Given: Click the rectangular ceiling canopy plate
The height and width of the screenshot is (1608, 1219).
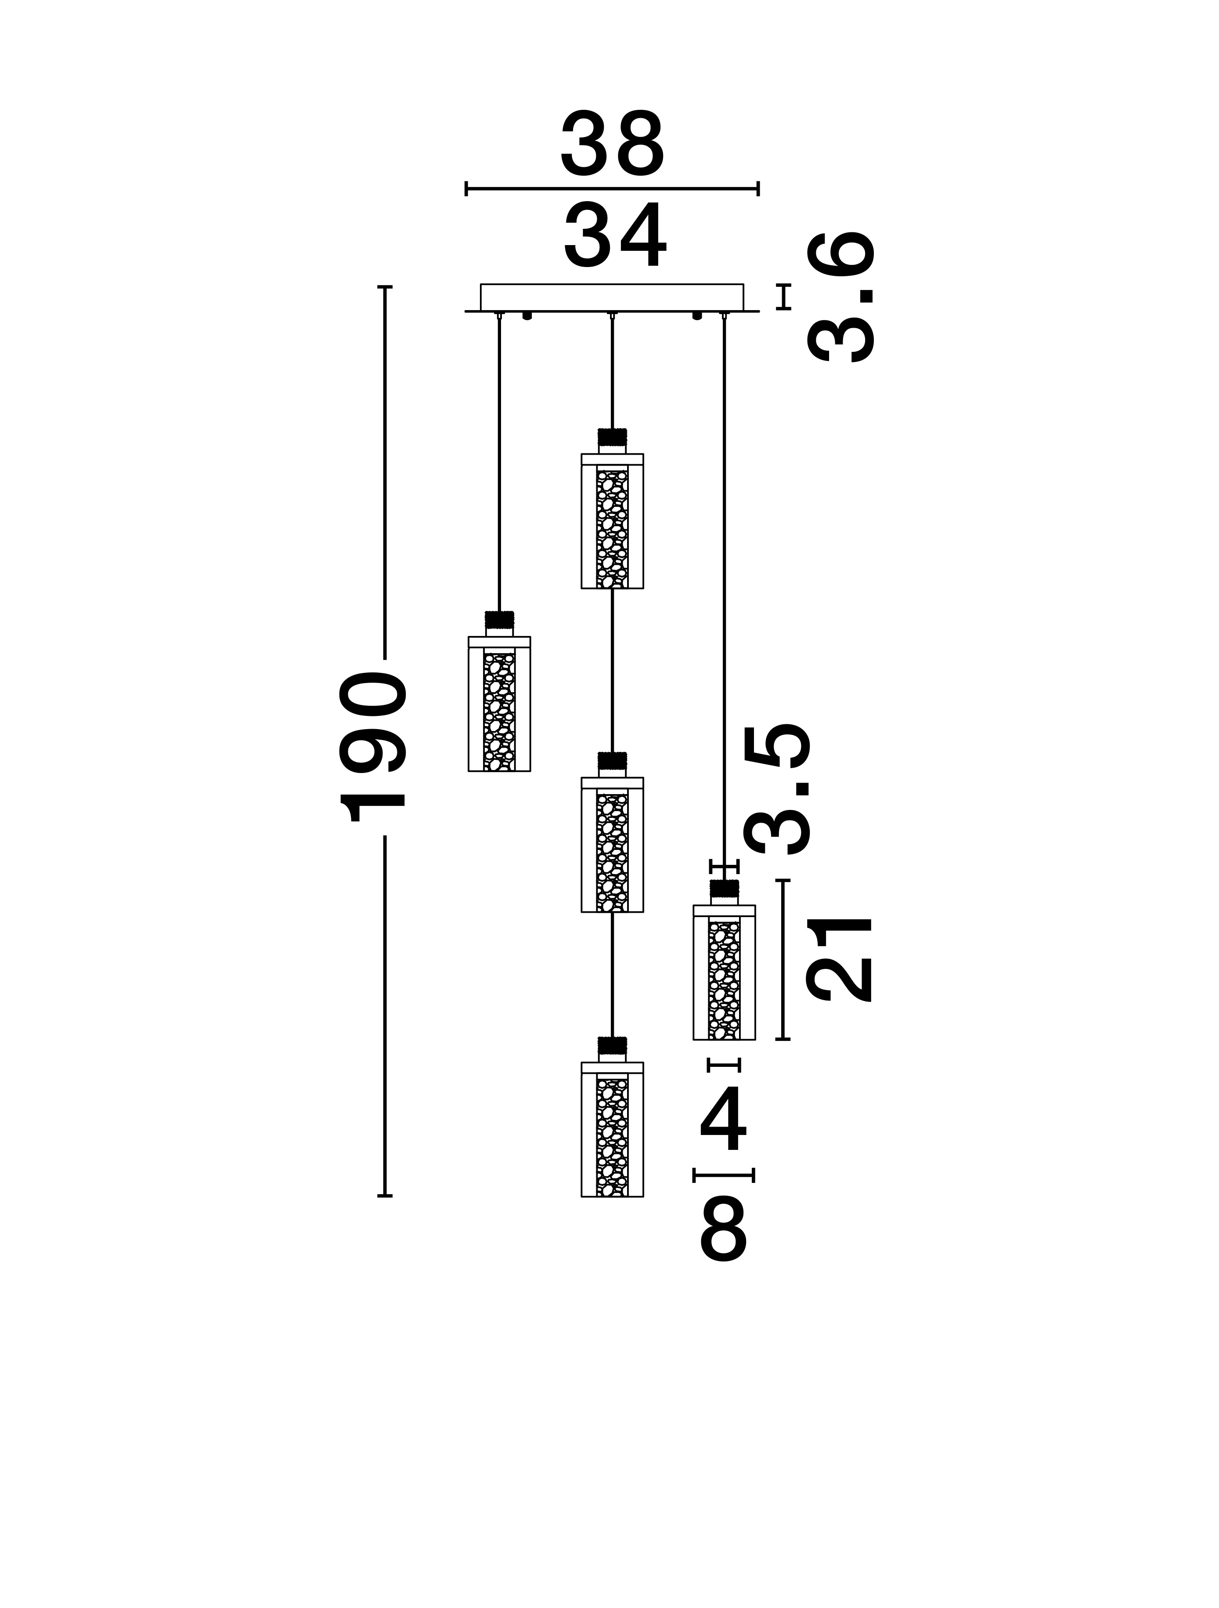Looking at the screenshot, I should pyautogui.click(x=612, y=297).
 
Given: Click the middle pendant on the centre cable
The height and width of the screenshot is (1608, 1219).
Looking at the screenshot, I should pyautogui.click(x=612, y=844).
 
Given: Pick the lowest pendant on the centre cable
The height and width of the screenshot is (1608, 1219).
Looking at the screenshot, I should pyautogui.click(x=612, y=1129).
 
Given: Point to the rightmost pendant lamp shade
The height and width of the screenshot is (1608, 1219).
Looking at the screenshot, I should pyautogui.click(x=724, y=972).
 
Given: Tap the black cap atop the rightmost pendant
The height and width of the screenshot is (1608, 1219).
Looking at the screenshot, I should pyautogui.click(x=724, y=888).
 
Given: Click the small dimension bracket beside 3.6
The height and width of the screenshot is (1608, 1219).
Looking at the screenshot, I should pyautogui.click(x=783, y=296).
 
